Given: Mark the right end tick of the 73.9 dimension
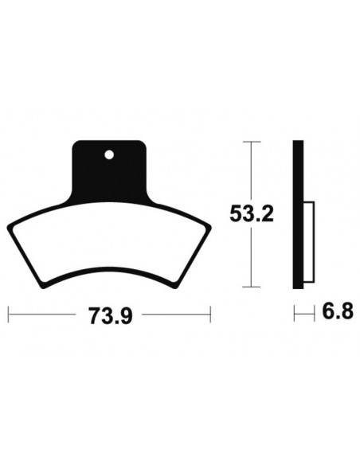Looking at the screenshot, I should point(212,314).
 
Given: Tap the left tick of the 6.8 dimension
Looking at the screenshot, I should point(294,314).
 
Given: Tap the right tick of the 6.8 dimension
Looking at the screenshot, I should point(307,314).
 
